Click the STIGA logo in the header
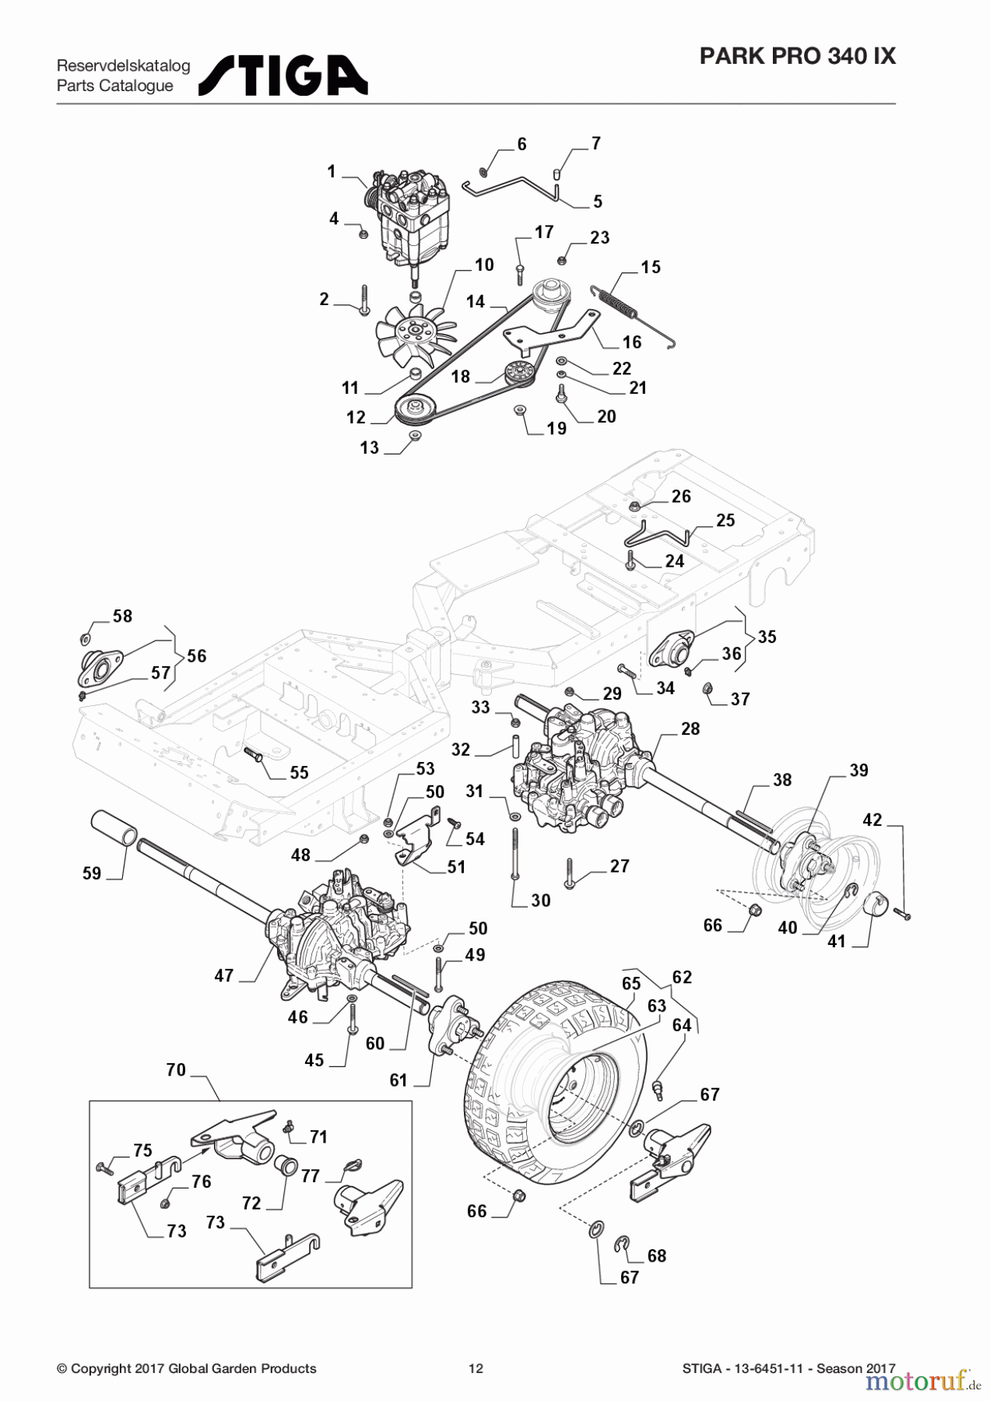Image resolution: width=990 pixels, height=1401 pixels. pyautogui.click(x=283, y=75)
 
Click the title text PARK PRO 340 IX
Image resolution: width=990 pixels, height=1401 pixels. pyautogui.click(x=797, y=56)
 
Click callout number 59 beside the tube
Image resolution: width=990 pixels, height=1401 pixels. pyautogui.click(x=92, y=873)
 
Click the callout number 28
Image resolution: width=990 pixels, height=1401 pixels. pyautogui.click(x=690, y=729)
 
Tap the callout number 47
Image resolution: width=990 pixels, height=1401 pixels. pyautogui.click(x=224, y=975)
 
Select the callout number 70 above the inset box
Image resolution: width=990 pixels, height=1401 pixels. pyautogui.click(x=176, y=1069)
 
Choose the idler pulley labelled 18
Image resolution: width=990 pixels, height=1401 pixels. pyautogui.click(x=517, y=374)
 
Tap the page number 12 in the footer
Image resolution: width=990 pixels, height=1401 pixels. pyautogui.click(x=476, y=1368)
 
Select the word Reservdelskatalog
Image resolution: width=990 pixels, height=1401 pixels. pyautogui.click(x=123, y=65)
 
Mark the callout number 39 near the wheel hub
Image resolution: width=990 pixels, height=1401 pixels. pyautogui.click(x=858, y=770)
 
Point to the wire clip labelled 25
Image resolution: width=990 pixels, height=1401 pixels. pyautogui.click(x=658, y=536)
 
